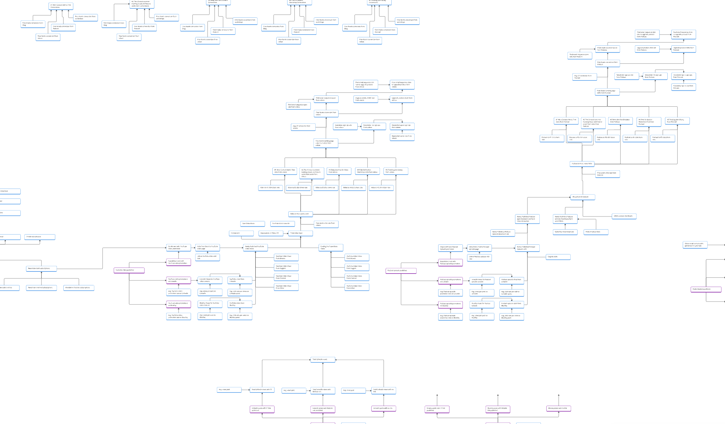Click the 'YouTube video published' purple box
pyautogui.click(x=129, y=270)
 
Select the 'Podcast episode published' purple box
pyautogui.click(x=401, y=271)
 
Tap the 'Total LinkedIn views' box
pyautogui.click(x=323, y=359)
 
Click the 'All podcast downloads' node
pyautogui.click(x=582, y=197)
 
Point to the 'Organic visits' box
pyautogui.click(x=558, y=257)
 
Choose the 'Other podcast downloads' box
pyautogui.click(x=624, y=216)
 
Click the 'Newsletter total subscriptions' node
pyautogui.click(x=41, y=268)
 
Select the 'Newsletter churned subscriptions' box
pyautogui.click(x=79, y=288)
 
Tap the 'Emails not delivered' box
pyautogui.click(x=40, y=237)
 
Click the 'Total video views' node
pyautogui.click(x=300, y=233)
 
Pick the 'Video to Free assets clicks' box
pyautogui.click(x=300, y=214)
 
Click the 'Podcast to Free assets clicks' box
pyautogui.click(x=582, y=164)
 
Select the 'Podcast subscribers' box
pyautogui.click(x=596, y=232)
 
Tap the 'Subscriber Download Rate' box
pyautogui.click(x=565, y=232)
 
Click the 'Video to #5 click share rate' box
pyautogui.click(x=381, y=188)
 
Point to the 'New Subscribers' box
pyautogui.click(x=252, y=224)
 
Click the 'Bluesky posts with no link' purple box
pyautogui.click(x=558, y=408)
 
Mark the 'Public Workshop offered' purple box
pyautogui.click(x=706, y=289)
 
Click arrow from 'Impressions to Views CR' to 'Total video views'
pyautogui.click(x=286, y=233)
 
